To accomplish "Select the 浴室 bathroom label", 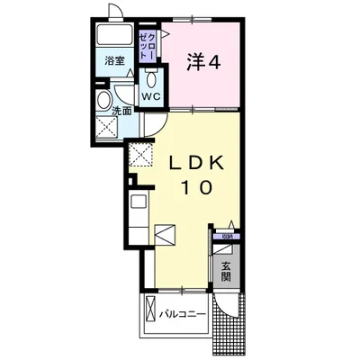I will point(113,62).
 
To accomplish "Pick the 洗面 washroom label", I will point(121,111).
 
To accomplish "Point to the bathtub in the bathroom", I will point(115,39).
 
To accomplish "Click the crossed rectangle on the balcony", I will point(148,315).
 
